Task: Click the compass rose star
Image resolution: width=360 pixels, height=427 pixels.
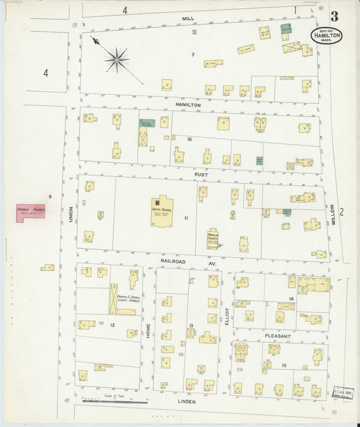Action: tap(117, 60)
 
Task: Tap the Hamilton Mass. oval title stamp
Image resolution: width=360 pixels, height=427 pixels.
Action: tap(326, 36)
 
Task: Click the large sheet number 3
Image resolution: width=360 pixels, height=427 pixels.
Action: tap(334, 16)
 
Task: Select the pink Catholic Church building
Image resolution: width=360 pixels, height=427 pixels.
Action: tap(30, 212)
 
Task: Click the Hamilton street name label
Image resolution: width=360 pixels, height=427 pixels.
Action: tap(188, 105)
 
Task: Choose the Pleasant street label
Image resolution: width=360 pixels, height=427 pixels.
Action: tap(278, 336)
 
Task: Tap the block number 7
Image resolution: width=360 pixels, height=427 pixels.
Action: tap(192, 54)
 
